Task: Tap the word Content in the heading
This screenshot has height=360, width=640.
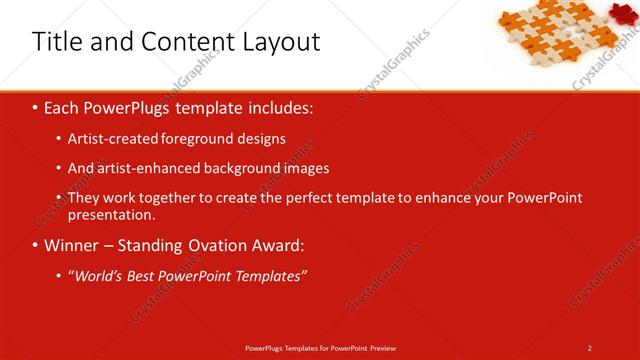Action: (x=187, y=42)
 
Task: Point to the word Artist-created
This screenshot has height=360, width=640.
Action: (x=111, y=139)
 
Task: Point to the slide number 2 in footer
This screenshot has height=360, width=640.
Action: (x=589, y=347)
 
